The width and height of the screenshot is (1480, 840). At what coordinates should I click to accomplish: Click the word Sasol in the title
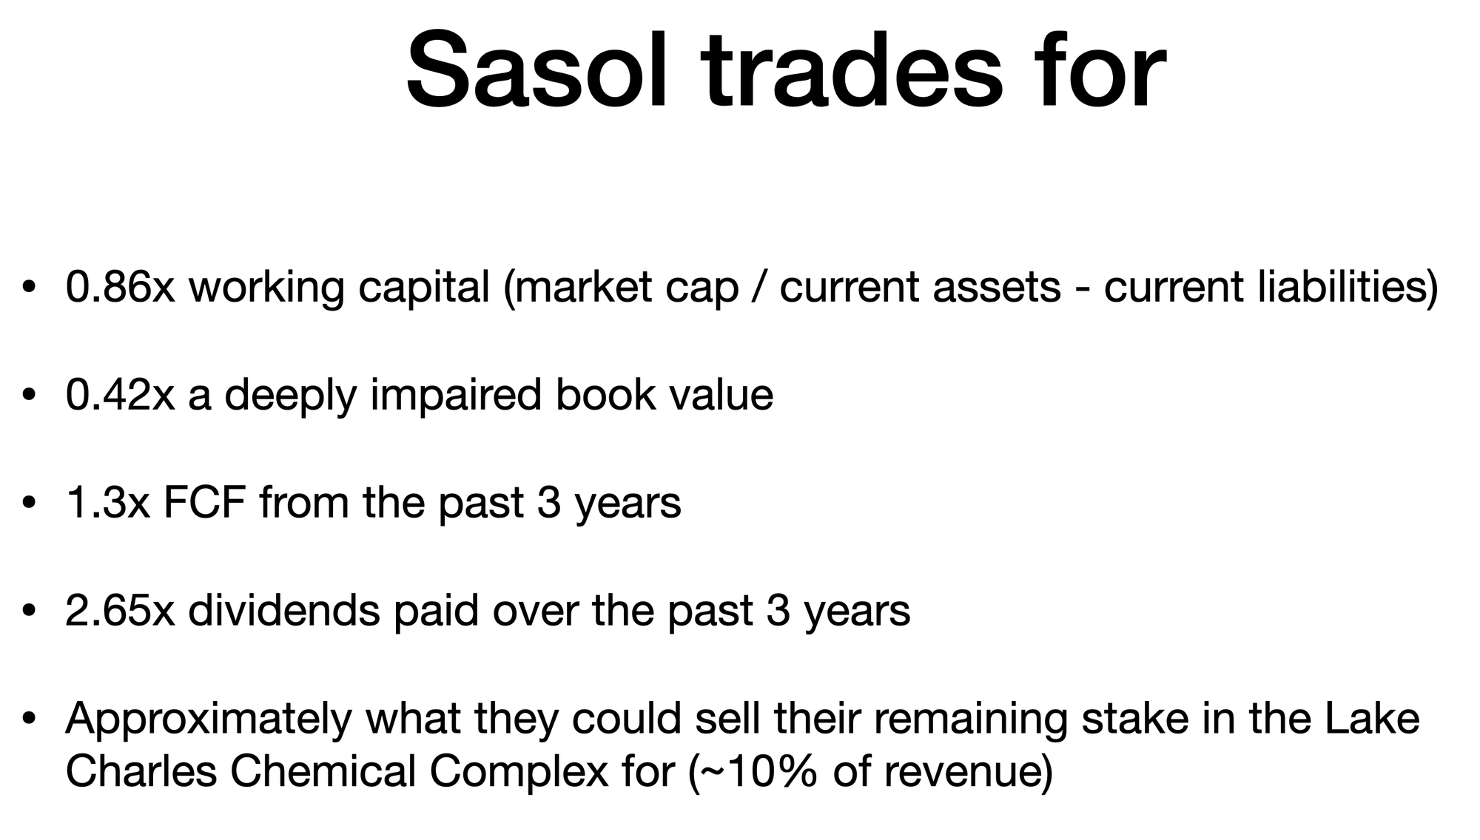point(539,71)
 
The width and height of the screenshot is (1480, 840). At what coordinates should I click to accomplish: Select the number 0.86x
point(120,286)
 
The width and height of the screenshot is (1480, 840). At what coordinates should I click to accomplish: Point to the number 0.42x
point(120,394)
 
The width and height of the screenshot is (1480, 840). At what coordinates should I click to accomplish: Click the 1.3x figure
point(107,503)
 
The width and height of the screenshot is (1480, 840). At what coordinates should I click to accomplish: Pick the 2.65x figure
point(120,611)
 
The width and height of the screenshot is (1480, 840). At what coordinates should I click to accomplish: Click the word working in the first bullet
point(266,288)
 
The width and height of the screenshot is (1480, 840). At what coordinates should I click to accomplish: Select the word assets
point(997,288)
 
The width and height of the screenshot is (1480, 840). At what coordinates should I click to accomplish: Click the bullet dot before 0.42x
point(29,396)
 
